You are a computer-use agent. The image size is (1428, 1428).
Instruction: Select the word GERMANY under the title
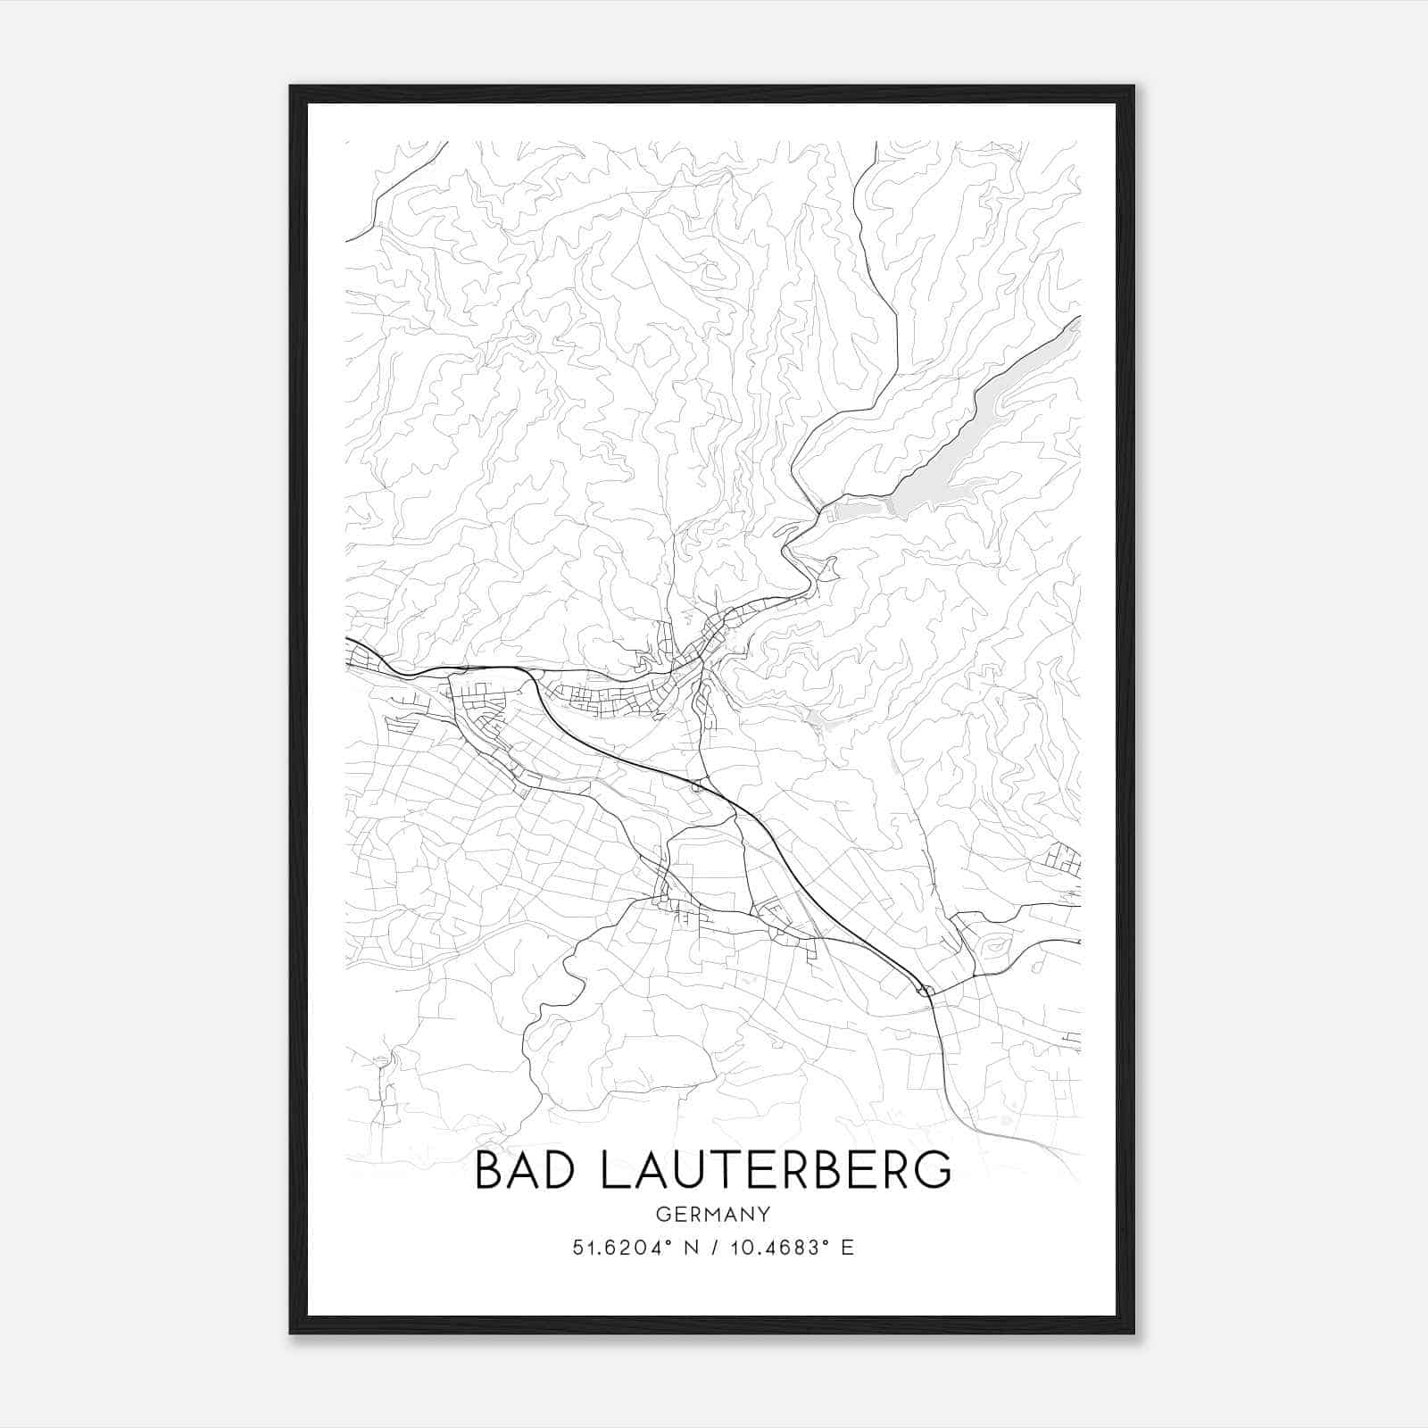[712, 1215]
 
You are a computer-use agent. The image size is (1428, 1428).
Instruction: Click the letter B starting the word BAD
[491, 1170]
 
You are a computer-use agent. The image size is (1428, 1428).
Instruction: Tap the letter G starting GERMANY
[662, 1215]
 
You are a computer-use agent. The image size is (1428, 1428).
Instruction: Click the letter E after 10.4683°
[848, 1247]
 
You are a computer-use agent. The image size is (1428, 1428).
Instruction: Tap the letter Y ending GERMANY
[763, 1215]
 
